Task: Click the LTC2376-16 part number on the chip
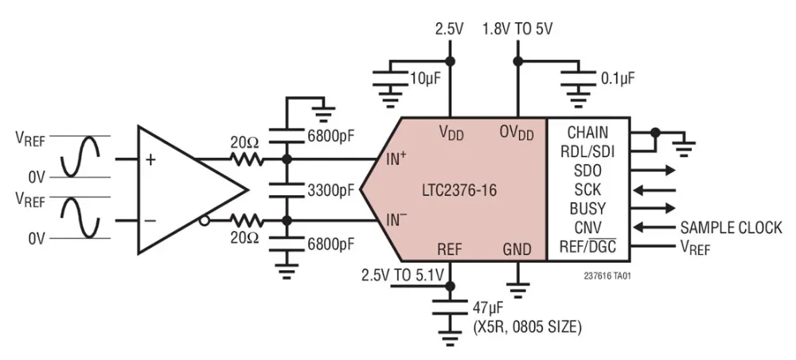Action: pyautogui.click(x=459, y=191)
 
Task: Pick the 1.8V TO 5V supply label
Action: pyautogui.click(x=517, y=29)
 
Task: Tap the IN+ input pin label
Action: pyautogui.click(x=397, y=158)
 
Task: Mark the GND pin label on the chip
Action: pyautogui.click(x=517, y=249)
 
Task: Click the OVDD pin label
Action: pyautogui.click(x=517, y=131)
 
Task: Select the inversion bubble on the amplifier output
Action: pyautogui.click(x=205, y=221)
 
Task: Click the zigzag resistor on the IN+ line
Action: pyautogui.click(x=246, y=158)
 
